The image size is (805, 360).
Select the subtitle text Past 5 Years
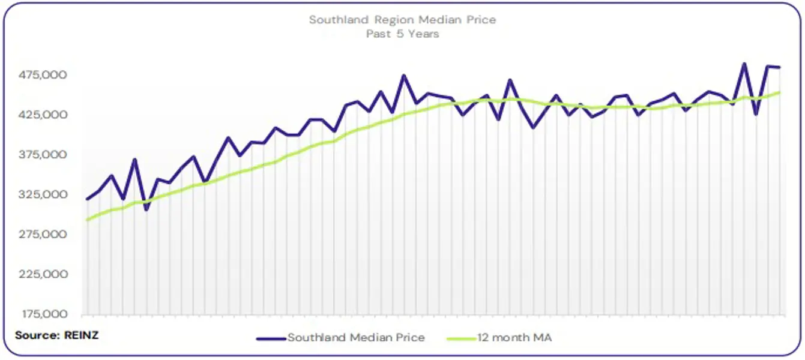click(403, 34)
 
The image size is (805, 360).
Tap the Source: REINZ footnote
click(56, 335)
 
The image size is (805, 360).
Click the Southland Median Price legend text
click(356, 338)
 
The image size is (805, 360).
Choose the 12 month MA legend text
click(514, 338)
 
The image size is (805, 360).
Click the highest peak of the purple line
click(744, 64)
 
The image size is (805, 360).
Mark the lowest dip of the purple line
click(146, 209)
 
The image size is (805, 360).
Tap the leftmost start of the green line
click(88, 220)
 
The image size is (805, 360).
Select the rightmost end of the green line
click(779, 92)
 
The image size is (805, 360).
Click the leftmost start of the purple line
click(88, 199)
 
